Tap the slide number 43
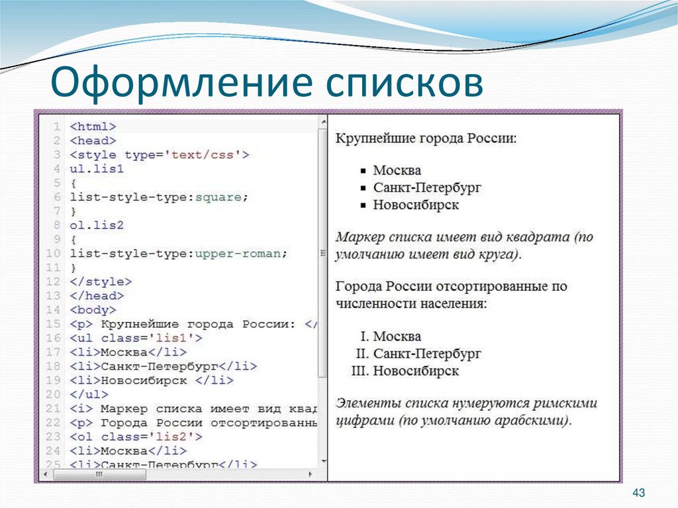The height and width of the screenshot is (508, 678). (x=639, y=493)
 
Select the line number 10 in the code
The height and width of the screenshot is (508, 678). (x=54, y=254)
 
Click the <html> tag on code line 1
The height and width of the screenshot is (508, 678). (x=93, y=127)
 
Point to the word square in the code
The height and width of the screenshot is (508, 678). (x=222, y=197)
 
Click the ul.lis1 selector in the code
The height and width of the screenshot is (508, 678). (x=97, y=169)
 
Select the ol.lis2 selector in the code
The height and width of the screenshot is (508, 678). (x=97, y=225)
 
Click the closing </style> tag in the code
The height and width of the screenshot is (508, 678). (x=100, y=281)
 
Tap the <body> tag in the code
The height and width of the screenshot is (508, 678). (x=93, y=309)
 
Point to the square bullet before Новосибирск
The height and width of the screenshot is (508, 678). (x=362, y=205)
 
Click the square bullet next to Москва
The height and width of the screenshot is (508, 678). (x=362, y=171)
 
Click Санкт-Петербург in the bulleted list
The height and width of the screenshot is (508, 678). (x=426, y=188)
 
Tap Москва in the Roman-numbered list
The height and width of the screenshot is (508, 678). (x=397, y=336)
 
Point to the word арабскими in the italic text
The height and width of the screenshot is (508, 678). (x=529, y=421)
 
